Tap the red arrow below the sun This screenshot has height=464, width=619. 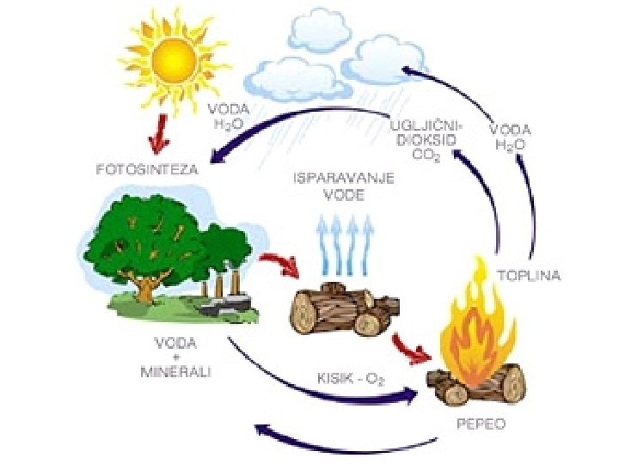point(158,130)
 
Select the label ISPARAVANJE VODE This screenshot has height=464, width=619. point(344,186)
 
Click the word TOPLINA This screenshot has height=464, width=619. point(530,276)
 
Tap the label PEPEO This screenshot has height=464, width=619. point(481,424)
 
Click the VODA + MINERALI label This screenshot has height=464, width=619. point(175,357)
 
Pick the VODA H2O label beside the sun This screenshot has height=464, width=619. point(227,117)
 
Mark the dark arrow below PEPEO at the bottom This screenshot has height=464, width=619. point(344,443)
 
